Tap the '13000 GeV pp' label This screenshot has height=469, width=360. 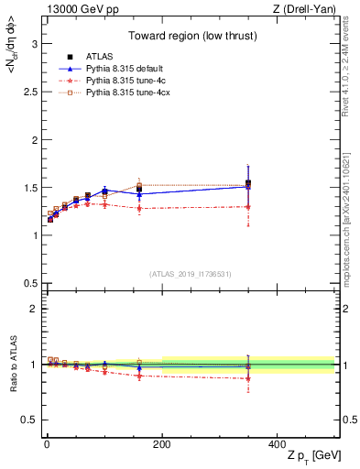click(x=73, y=9)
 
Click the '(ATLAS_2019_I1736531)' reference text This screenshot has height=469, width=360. click(x=190, y=274)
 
